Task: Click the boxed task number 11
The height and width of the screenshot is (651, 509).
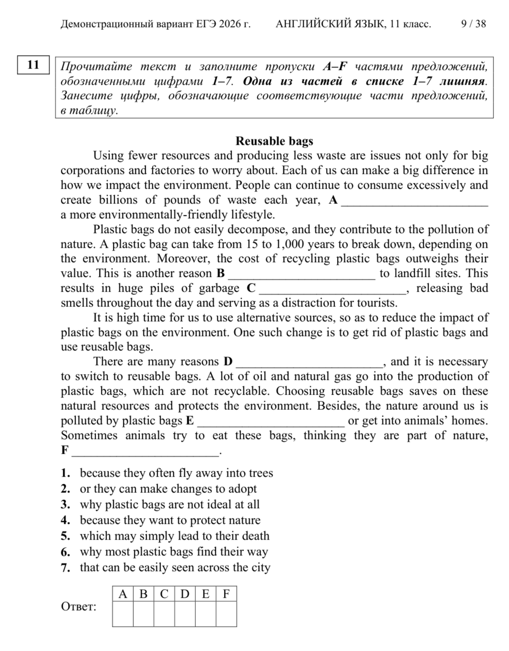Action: coord(33,65)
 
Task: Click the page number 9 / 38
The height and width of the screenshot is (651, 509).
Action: coord(473,24)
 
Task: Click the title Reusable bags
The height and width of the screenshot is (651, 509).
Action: coord(274,141)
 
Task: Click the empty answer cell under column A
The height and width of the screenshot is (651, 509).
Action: coord(123,614)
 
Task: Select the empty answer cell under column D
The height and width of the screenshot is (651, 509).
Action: coord(185,614)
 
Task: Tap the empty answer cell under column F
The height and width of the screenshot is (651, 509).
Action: coord(226,614)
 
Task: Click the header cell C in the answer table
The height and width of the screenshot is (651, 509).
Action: coord(164,594)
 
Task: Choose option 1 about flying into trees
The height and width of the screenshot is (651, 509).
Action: coord(176,473)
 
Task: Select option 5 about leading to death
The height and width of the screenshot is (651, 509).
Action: coord(174,536)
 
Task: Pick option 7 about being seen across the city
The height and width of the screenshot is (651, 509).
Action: coord(175,567)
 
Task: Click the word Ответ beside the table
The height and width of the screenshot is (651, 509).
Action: coord(79,607)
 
